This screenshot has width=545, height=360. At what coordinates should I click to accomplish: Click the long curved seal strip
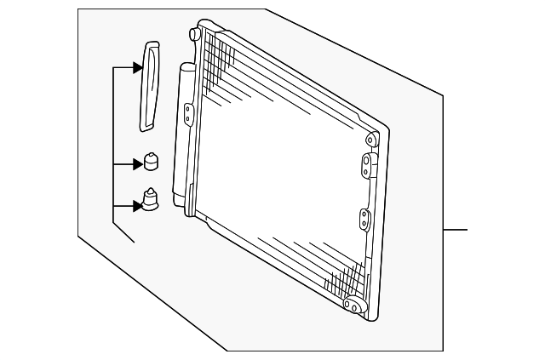(x=151, y=86)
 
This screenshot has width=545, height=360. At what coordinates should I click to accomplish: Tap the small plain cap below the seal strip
(x=151, y=162)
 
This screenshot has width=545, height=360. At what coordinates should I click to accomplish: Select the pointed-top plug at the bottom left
(x=151, y=201)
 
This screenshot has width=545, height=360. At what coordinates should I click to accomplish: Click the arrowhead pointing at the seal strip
(x=137, y=68)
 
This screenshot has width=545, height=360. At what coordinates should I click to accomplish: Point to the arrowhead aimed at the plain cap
(x=136, y=163)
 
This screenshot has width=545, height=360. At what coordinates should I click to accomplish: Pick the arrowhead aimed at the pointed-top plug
(x=136, y=205)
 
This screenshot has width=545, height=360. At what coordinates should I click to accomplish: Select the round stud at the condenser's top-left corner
(x=195, y=35)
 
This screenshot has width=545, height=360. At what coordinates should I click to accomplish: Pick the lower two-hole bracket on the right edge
(x=364, y=220)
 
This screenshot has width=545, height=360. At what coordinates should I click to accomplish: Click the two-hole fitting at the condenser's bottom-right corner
(x=351, y=304)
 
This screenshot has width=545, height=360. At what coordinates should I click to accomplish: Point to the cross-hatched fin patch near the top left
(x=221, y=54)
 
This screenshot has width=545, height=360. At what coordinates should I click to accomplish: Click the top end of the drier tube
(x=187, y=66)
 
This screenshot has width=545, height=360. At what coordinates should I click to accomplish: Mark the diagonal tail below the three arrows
(x=124, y=232)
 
